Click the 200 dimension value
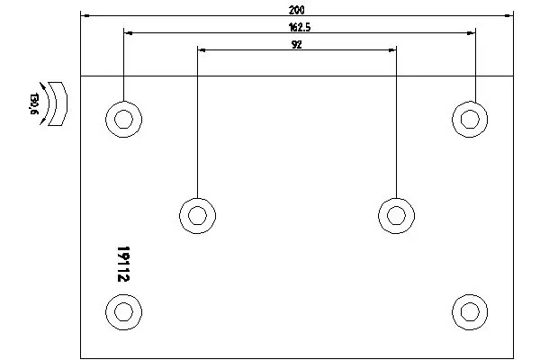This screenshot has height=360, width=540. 296,10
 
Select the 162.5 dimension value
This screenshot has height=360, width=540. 300,27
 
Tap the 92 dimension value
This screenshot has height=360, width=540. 296,44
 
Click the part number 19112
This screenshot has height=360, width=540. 123,264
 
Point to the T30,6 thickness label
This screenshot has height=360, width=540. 33,103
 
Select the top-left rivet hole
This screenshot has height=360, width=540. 123,120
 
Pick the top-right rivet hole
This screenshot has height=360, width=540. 470,120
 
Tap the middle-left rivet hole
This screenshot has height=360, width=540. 198,216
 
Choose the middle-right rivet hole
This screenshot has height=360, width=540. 396,216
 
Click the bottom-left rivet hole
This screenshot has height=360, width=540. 123,312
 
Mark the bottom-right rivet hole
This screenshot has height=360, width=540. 470,312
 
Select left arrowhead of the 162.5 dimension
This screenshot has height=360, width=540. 128,33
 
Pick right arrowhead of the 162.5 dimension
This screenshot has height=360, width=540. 471,33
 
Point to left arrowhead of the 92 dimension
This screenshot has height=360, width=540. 202,50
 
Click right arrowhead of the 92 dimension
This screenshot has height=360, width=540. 391,50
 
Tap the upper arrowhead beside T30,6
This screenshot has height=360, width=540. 42,85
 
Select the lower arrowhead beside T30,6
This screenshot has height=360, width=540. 42,121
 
